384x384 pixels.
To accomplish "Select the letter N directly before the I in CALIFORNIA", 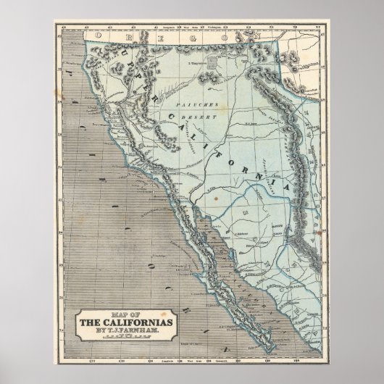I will (x=271, y=163).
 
